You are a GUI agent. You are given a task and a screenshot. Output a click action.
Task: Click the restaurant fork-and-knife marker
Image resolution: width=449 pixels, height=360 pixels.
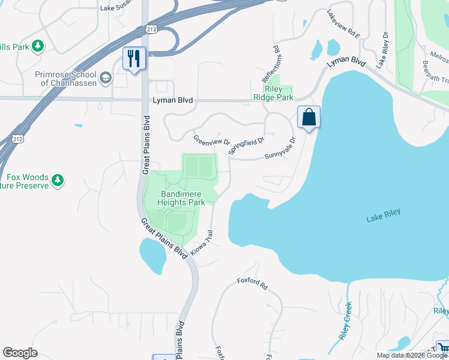(x=134, y=58)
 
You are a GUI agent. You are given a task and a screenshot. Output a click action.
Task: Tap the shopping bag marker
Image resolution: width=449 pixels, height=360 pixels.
(x=309, y=116)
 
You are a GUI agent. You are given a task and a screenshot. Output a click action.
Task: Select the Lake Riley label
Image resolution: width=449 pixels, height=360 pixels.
(x=383, y=216)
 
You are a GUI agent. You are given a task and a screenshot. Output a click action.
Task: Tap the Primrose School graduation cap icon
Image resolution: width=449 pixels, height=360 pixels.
(x=106, y=78)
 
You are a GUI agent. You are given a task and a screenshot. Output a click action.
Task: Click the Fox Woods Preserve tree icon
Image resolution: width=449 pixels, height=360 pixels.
(x=58, y=179)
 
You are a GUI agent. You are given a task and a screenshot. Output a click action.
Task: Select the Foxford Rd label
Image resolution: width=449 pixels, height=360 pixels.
(x=252, y=283)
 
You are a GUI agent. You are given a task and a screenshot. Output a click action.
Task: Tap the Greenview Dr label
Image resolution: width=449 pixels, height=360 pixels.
(x=211, y=141)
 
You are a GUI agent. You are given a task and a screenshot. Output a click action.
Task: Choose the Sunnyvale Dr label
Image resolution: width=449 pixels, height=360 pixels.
(x=281, y=149)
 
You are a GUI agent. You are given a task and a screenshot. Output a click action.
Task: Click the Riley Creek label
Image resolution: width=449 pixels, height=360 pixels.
(x=345, y=321)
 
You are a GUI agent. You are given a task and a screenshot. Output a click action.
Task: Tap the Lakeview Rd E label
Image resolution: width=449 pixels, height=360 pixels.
(x=343, y=25)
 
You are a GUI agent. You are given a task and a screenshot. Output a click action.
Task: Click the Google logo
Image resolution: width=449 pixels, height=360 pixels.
(x=20, y=353)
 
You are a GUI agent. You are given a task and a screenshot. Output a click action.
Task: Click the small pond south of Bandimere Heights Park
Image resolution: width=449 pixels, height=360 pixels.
(x=152, y=255)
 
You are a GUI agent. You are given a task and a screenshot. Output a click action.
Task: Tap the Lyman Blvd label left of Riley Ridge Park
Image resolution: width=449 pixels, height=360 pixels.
(x=172, y=100)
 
